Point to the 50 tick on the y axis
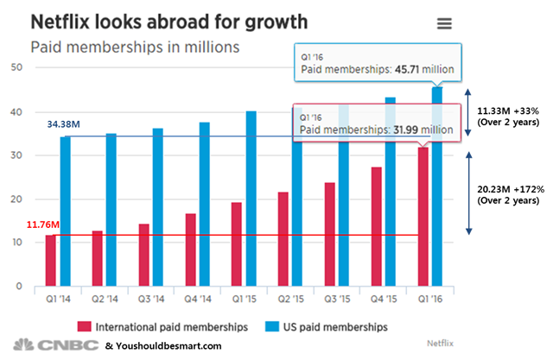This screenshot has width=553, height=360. coord(15,67)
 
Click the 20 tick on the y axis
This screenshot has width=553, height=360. coord(15,199)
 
